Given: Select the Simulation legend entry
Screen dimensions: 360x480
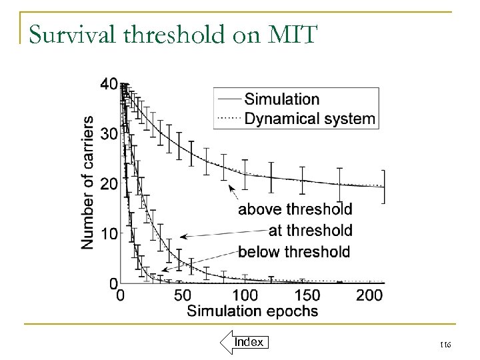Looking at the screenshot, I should point(281,99).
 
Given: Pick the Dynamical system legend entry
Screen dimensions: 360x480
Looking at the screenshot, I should point(309,119).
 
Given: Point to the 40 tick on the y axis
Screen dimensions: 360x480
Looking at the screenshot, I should point(109,85).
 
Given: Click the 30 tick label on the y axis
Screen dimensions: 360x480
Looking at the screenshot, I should point(109,134).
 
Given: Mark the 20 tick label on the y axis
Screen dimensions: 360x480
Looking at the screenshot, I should point(109,184).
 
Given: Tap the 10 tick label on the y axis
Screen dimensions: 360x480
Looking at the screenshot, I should point(109,234).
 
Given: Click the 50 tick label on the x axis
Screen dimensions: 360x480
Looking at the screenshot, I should point(182,295).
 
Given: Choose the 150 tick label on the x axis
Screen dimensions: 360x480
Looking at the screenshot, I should point(307,295).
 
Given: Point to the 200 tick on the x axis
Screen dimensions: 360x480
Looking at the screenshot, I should point(369,295).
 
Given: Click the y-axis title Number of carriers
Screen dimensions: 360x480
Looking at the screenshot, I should point(87,183).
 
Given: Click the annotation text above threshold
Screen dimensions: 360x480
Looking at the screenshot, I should point(295,209).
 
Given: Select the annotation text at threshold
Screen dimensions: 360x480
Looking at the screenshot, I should point(310,231).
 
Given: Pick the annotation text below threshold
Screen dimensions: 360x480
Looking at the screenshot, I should point(293,252).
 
